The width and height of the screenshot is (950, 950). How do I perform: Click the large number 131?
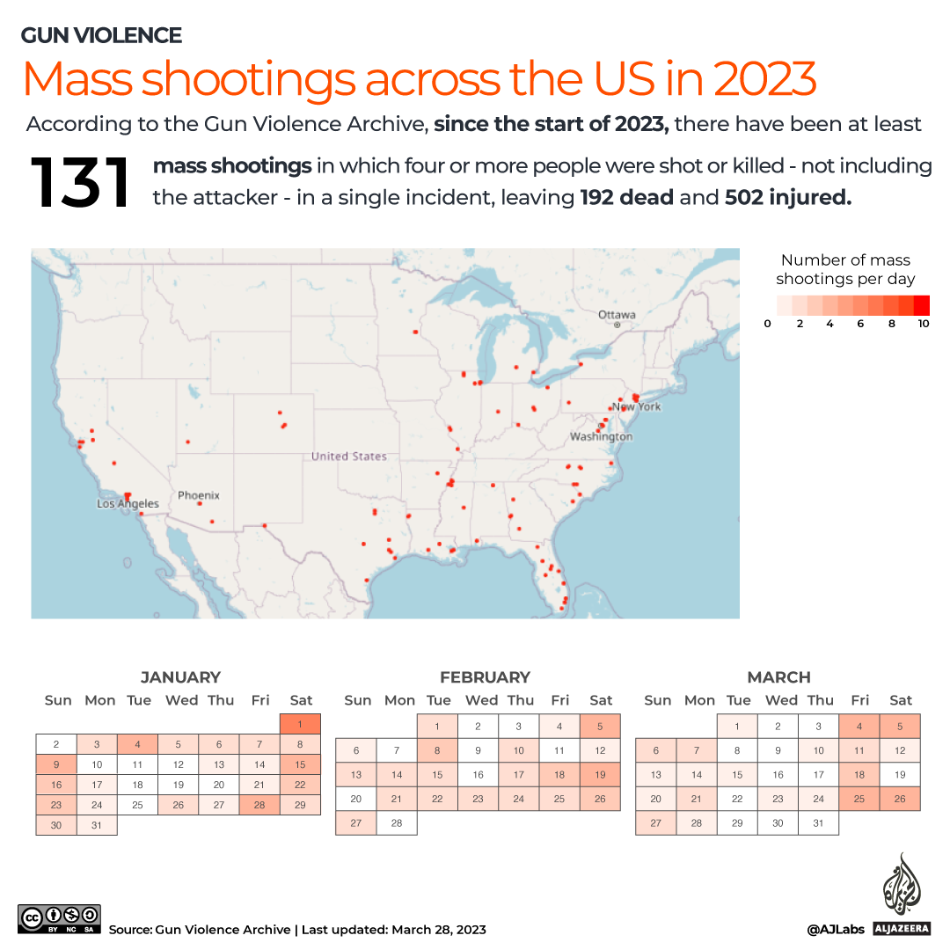pyautogui.click(x=80, y=184)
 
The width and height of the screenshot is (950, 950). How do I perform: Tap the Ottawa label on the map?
pyautogui.click(x=617, y=315)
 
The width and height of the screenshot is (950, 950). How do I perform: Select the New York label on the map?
pyautogui.click(x=637, y=406)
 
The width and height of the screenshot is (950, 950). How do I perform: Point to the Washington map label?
pyautogui.click(x=601, y=436)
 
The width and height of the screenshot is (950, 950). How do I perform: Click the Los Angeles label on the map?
pyautogui.click(x=128, y=504)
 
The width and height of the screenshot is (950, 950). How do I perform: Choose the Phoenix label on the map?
pyautogui.click(x=198, y=495)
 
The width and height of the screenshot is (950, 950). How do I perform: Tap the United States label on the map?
pyautogui.click(x=348, y=457)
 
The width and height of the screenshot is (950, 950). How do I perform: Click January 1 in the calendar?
pyautogui.click(x=300, y=724)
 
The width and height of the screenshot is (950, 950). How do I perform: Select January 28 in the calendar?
pyautogui.click(x=259, y=806)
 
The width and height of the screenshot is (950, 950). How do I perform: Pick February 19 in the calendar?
pyautogui.click(x=601, y=775)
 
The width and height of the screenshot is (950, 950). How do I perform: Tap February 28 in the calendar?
pyautogui.click(x=397, y=823)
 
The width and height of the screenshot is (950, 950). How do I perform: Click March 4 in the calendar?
pyautogui.click(x=859, y=727)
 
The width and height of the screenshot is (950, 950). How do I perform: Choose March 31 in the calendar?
pyautogui.click(x=819, y=823)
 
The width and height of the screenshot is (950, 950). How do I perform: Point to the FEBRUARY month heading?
pyautogui.click(x=485, y=677)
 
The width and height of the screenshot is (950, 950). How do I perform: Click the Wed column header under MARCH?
pyautogui.click(x=781, y=700)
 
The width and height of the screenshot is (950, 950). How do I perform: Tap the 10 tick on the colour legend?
pyautogui.click(x=923, y=324)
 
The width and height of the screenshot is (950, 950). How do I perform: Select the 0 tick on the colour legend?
pyautogui.click(x=767, y=324)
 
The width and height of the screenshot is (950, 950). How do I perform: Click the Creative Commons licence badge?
pyautogui.click(x=59, y=918)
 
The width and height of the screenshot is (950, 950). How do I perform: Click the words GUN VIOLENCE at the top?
pyautogui.click(x=101, y=36)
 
